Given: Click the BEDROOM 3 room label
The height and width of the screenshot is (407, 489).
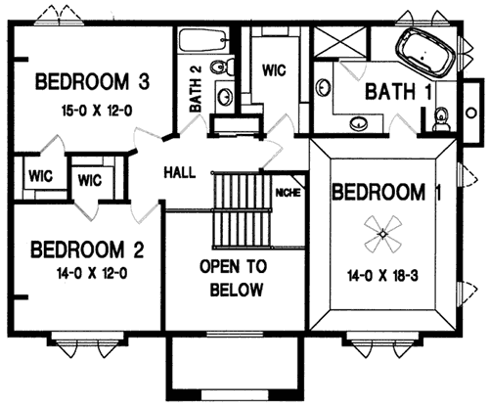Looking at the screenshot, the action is [x=92, y=82].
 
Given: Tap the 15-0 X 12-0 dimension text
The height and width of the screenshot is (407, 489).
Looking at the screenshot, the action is [x=97, y=112].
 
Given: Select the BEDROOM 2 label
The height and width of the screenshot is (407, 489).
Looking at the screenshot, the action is [x=87, y=249].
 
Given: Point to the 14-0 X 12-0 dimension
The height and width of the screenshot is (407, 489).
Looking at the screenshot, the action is [x=92, y=273].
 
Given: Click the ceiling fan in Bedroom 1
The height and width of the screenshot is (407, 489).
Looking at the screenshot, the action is [x=382, y=234].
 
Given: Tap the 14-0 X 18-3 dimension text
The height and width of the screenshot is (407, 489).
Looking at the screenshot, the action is [x=382, y=276].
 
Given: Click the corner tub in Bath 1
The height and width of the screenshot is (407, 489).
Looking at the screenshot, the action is [x=424, y=53].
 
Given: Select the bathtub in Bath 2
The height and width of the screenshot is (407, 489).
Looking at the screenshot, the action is [x=202, y=40].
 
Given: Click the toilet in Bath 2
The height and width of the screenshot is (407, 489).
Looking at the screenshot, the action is [x=222, y=68].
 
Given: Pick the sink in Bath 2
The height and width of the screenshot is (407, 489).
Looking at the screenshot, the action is [x=225, y=96].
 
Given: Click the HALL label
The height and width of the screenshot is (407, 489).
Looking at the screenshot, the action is [x=180, y=172].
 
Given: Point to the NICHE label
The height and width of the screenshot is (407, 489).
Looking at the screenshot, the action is [x=288, y=193].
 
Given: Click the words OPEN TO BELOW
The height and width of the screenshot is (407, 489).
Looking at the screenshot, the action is [x=235, y=278].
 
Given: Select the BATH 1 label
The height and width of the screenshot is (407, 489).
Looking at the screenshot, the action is [x=398, y=92].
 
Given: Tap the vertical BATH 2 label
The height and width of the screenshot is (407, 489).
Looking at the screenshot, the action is [x=196, y=89].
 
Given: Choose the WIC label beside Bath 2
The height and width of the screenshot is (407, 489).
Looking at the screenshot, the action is [x=274, y=70].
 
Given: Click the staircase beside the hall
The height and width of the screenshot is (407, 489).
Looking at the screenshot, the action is [x=242, y=211].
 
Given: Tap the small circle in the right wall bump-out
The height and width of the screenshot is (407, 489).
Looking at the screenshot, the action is [x=471, y=113].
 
